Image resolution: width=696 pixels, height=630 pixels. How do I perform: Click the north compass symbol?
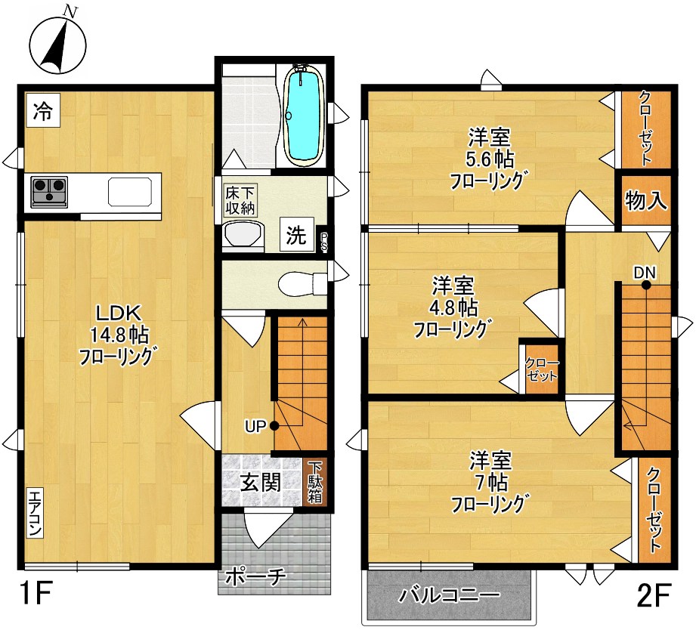(x=57, y=45)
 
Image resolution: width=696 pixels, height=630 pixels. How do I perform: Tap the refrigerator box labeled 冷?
(x=43, y=110)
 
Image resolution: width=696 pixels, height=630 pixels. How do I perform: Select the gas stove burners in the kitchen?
(x=49, y=192)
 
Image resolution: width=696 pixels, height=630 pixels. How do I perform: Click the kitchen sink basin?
(x=130, y=192)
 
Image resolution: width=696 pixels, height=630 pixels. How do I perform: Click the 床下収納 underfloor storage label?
(x=240, y=200)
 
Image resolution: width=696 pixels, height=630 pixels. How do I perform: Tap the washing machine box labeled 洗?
(x=297, y=235)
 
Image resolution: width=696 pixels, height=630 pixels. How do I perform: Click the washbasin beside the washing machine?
(x=243, y=234)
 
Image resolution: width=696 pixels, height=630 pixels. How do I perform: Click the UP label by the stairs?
(x=255, y=427)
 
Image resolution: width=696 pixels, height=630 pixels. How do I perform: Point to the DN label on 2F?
(x=645, y=273)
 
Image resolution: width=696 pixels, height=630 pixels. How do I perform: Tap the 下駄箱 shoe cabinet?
(x=316, y=482)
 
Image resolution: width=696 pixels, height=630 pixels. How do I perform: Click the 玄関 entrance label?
(x=261, y=483)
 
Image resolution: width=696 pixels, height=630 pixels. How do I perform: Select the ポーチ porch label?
(x=255, y=577)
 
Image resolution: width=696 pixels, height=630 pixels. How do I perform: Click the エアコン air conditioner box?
(x=35, y=514)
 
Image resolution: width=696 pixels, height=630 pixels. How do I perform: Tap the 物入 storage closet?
(x=646, y=200)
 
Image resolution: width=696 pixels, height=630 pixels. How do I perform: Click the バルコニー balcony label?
(x=449, y=595)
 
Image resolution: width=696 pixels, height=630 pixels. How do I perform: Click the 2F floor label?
(x=653, y=594)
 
